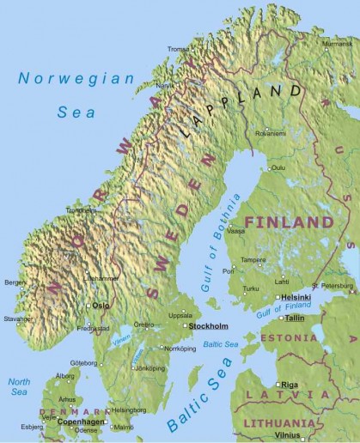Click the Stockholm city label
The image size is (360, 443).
coord(208,327)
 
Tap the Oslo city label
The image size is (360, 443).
coord(101,305)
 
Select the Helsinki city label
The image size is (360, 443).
coord(295,297)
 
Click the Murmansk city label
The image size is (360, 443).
coord(336,42)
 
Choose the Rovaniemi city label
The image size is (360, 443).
coord(268,133)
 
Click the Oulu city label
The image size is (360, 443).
coord(278,168)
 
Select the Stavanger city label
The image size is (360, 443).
coord(17,319)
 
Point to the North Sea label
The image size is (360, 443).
coord(19,385)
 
